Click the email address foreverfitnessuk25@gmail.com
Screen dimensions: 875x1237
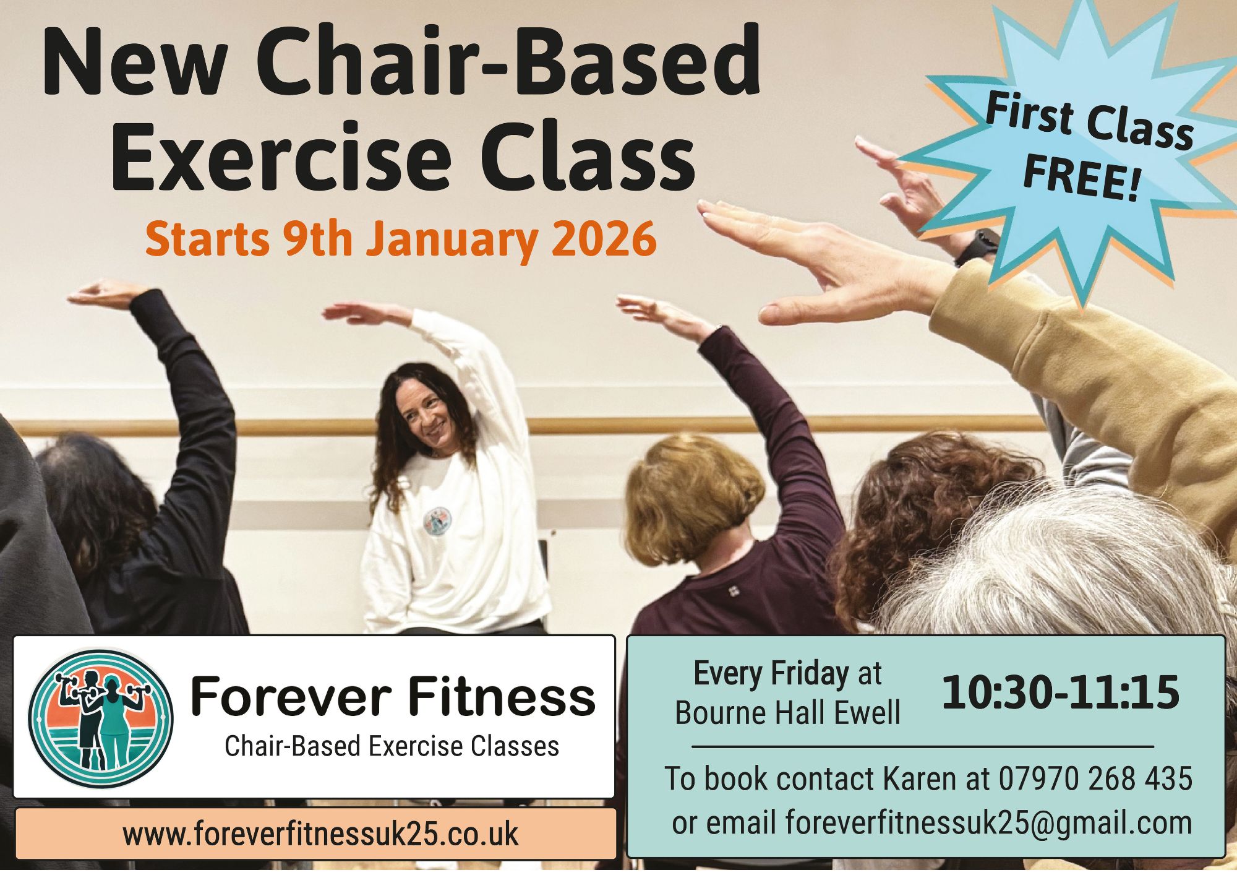pyautogui.click(x=988, y=822)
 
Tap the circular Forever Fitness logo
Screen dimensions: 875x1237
pyautogui.click(x=101, y=718)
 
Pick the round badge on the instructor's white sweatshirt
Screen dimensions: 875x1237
pyautogui.click(x=437, y=521)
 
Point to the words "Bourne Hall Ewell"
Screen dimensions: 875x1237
pyautogui.click(x=787, y=713)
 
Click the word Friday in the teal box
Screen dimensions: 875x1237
pyautogui.click(x=810, y=673)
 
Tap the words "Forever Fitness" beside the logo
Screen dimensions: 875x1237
pyautogui.click(x=393, y=696)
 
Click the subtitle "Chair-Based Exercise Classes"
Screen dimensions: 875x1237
pyautogui.click(x=392, y=746)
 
